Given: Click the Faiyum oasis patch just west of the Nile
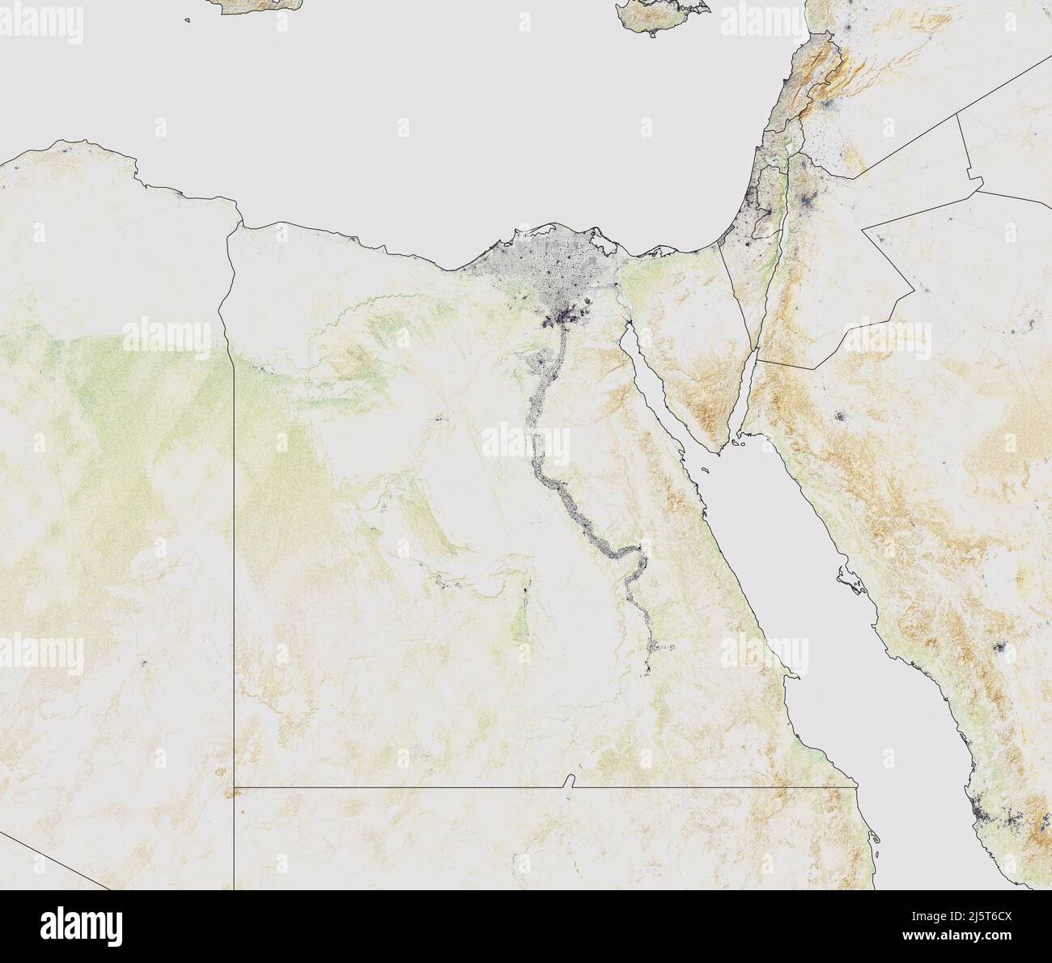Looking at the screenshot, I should click(534, 361).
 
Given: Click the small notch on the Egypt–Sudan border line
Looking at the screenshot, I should click(570, 781).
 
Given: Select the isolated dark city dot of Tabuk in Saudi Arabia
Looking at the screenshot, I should click(839, 418).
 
